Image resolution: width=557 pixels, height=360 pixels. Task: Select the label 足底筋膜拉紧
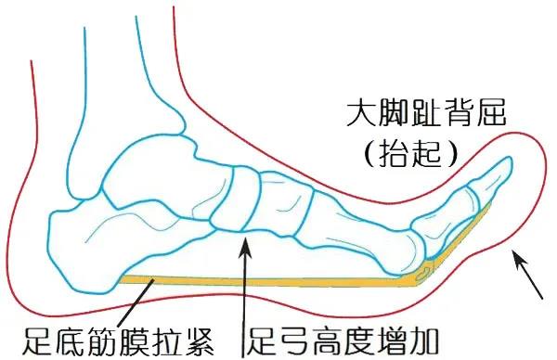(x=110, y=340)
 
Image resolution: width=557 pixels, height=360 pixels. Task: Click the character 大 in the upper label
(x=359, y=116)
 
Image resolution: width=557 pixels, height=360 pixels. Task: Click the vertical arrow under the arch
(x=245, y=297)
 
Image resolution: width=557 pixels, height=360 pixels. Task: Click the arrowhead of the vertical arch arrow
(x=245, y=243)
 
